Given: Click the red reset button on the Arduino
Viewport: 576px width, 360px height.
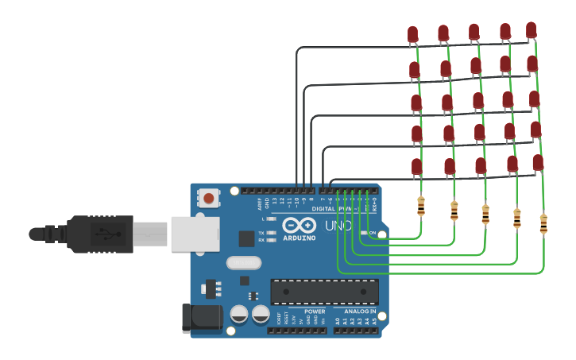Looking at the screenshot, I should (209, 197).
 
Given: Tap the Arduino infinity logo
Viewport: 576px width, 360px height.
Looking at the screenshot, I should (299, 226).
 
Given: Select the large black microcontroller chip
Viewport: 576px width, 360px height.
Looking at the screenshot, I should (324, 292).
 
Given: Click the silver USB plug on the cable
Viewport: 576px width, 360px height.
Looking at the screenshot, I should (149, 234).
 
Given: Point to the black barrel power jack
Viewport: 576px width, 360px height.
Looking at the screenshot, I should (202, 318).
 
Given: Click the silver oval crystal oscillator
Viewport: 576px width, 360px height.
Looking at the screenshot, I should (243, 262).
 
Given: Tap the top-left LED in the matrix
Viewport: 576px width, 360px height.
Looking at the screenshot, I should (412, 34).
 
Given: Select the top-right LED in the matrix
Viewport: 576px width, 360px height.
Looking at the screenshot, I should (531, 30).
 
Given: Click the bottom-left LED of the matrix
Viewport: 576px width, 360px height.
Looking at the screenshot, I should (417, 166).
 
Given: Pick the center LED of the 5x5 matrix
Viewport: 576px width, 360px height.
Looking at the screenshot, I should (477, 101).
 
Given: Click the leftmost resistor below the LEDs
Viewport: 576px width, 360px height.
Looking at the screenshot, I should (421, 206).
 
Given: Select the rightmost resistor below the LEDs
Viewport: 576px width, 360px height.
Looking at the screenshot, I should (543, 223).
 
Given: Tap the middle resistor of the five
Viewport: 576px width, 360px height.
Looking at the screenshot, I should (485, 214).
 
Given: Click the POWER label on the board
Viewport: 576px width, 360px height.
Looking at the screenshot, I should (314, 312).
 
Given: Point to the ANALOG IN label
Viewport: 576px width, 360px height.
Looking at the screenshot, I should (360, 312).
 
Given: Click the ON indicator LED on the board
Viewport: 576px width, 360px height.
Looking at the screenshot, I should (365, 233).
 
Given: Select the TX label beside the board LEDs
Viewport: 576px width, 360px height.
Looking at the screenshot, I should (261, 232).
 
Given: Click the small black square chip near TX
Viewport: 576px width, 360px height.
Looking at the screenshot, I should (246, 238).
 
